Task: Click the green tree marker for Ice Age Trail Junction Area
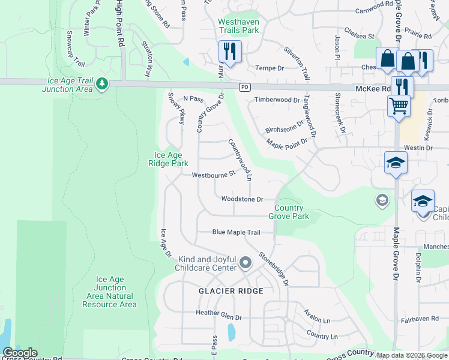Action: click(x=102, y=84)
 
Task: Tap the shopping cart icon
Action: click(x=399, y=106)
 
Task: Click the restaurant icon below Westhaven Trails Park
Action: click(x=230, y=52)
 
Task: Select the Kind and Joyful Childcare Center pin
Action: click(x=245, y=263)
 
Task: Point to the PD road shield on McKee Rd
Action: click(x=244, y=86)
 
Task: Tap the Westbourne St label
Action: click(x=212, y=175)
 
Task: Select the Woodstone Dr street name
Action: click(x=242, y=199)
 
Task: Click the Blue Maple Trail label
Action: click(x=236, y=232)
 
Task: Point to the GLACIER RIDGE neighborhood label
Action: click(x=231, y=291)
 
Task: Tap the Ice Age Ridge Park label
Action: click(x=168, y=159)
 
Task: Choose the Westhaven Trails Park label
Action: click(x=238, y=25)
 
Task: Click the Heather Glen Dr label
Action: click(x=218, y=313)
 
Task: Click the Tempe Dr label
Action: click(x=270, y=68)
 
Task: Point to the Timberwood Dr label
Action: click(x=277, y=100)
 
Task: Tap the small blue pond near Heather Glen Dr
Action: click(x=231, y=331)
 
